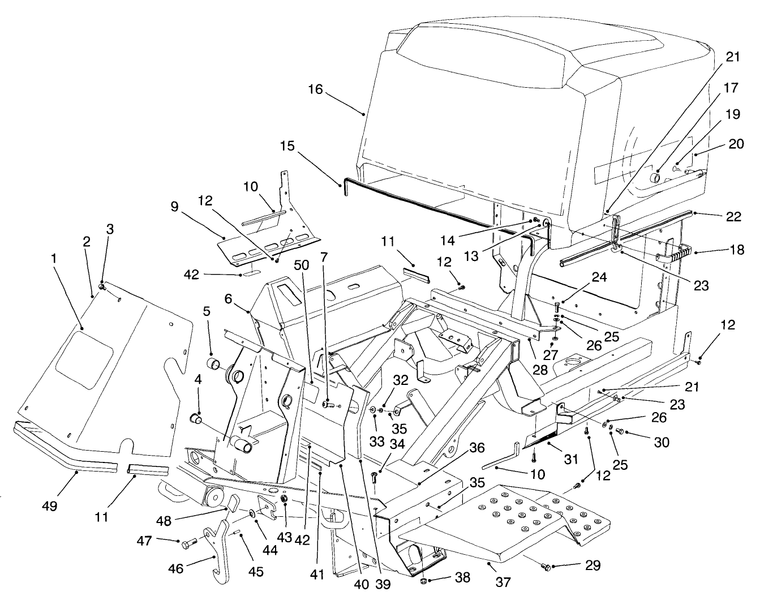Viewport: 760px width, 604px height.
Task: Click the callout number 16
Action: [x=315, y=89]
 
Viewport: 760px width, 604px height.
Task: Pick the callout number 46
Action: [x=176, y=568]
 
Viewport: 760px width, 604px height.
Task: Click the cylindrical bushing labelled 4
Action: [x=196, y=419]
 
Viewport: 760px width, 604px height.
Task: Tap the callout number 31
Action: [x=572, y=460]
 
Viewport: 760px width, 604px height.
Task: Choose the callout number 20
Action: [x=736, y=144]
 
